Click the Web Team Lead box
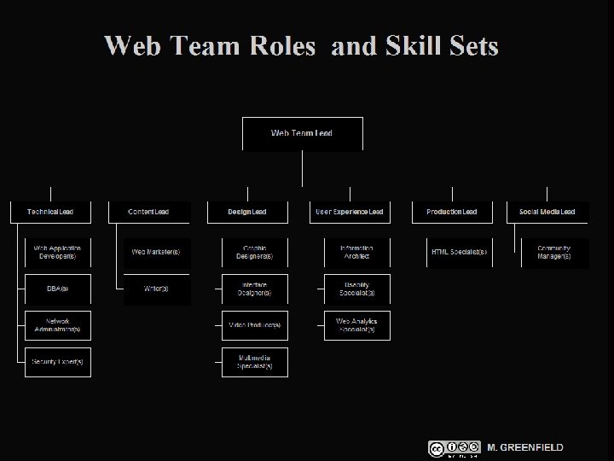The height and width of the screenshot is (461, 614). click(x=303, y=134)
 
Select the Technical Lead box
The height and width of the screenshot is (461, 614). click(x=50, y=212)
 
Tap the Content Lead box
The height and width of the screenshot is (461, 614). click(x=148, y=212)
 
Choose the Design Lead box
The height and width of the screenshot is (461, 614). click(x=247, y=212)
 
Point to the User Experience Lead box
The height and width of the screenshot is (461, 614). click(x=350, y=212)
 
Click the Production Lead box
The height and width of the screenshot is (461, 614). click(x=452, y=212)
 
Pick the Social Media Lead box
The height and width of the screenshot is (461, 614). click(x=547, y=212)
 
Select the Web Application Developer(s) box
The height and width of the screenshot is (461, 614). click(x=57, y=252)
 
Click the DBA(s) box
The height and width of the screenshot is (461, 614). click(x=57, y=289)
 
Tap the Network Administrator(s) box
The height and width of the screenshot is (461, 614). click(x=57, y=325)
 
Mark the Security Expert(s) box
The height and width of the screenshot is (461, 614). click(x=57, y=362)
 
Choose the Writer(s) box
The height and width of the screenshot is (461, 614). click(x=156, y=289)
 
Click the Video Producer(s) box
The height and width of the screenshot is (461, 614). click(x=254, y=325)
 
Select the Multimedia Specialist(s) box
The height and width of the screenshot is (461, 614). click(x=254, y=362)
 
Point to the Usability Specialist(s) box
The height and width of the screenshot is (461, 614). click(x=356, y=289)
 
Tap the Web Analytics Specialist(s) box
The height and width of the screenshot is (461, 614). click(x=356, y=325)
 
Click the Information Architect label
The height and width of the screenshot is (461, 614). click(x=356, y=252)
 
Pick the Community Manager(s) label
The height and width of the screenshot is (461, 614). click(x=554, y=252)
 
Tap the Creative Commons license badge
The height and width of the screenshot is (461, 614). click(x=455, y=448)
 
